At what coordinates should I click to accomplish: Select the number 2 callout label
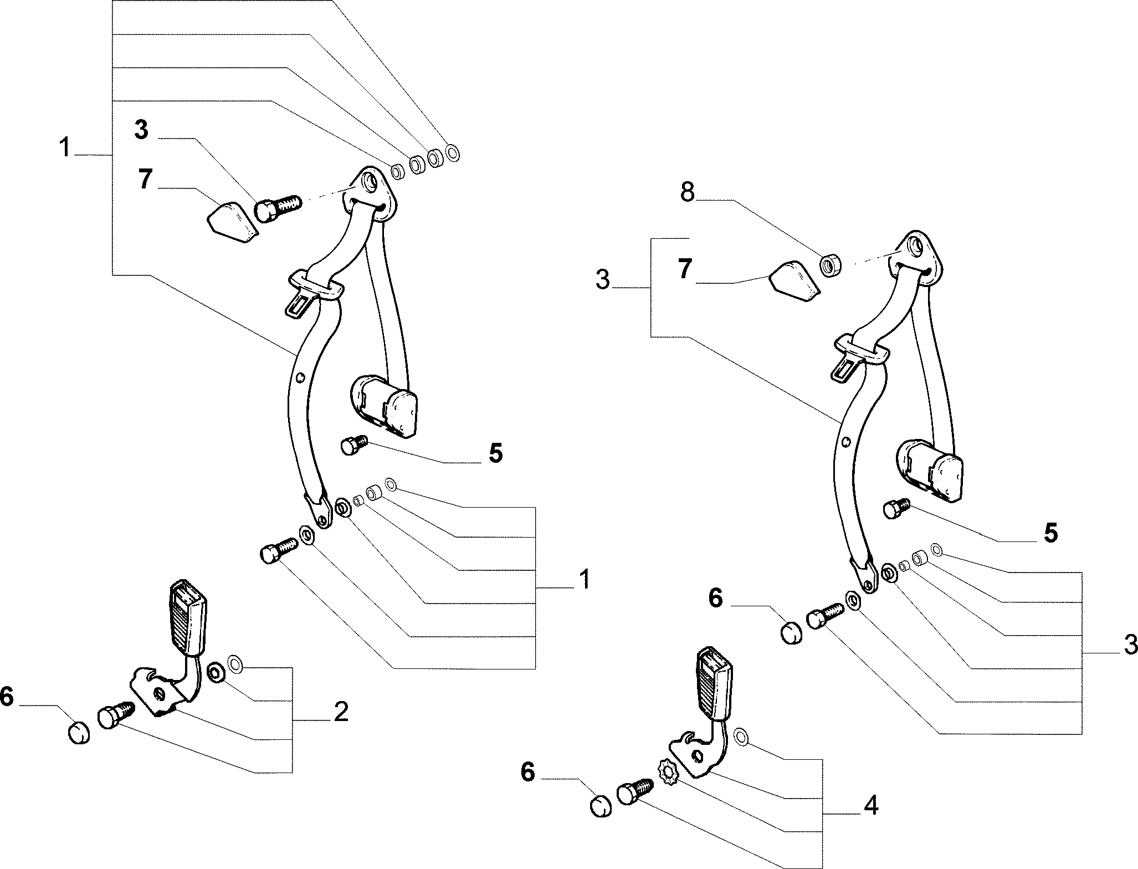pyautogui.click(x=341, y=712)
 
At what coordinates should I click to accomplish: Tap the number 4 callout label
pyautogui.click(x=871, y=805)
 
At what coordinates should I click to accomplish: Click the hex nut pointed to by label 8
pyautogui.click(x=829, y=264)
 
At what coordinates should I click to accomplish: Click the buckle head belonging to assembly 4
pyautogui.click(x=715, y=684)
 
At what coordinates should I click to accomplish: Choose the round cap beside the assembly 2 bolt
pyautogui.click(x=79, y=732)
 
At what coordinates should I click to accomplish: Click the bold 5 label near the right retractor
pyautogui.click(x=1050, y=533)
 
